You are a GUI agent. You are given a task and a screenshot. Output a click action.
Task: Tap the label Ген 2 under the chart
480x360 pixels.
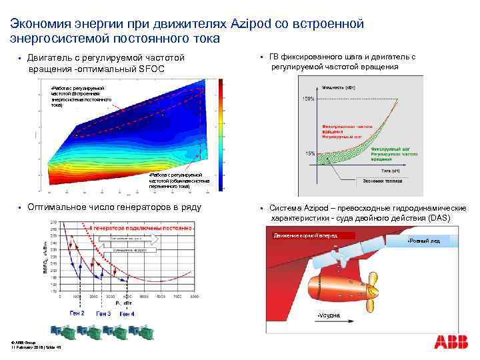(x=77, y=313)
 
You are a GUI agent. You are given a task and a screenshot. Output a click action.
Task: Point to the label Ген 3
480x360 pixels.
(x=103, y=313)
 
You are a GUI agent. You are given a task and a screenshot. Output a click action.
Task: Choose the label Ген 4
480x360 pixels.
(x=126, y=313)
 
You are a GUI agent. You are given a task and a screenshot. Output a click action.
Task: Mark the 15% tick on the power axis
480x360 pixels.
(x=309, y=153)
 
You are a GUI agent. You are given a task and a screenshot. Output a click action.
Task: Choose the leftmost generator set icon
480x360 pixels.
(x=61, y=330)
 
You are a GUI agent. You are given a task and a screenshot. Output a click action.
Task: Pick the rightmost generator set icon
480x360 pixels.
(x=141, y=330)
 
